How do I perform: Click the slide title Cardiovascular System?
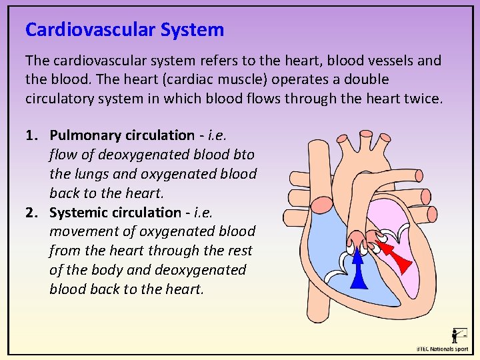point(125,30)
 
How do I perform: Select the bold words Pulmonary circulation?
point(122,135)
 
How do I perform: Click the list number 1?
point(31,135)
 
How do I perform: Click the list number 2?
point(31,213)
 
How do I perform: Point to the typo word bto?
point(244,155)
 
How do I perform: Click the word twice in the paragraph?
point(419,99)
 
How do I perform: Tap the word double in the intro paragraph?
point(365,79)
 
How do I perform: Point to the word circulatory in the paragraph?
point(64,99)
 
